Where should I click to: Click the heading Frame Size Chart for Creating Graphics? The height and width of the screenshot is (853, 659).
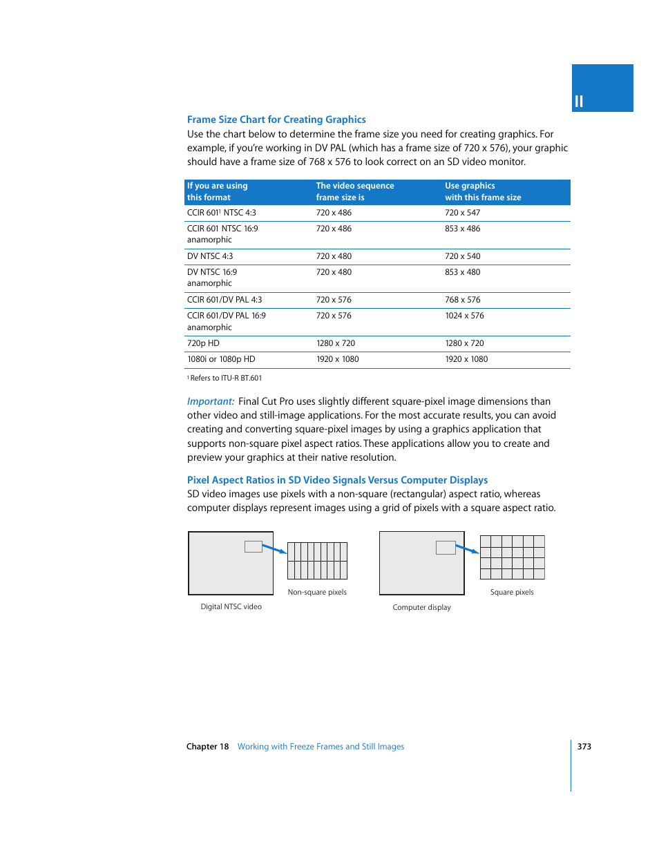tap(276, 119)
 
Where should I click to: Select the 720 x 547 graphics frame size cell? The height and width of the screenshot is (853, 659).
tap(462, 213)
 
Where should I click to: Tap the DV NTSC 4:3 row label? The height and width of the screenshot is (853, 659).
tap(210, 256)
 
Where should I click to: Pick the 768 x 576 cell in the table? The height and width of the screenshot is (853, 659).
tap(462, 300)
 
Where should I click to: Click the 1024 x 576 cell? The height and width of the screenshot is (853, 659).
tap(464, 316)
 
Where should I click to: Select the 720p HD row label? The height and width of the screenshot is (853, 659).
tap(203, 343)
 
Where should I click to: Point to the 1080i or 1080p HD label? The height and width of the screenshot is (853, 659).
tap(221, 359)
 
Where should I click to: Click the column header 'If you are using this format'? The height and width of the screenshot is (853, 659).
tap(217, 191)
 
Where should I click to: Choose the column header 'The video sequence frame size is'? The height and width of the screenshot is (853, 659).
tap(354, 191)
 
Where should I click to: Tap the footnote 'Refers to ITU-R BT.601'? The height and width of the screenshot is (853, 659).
tap(225, 378)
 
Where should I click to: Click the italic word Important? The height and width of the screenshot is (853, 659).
tap(211, 401)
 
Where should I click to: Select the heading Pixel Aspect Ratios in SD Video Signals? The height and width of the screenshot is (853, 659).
tap(337, 480)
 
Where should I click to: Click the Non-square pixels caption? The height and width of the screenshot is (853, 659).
tap(317, 592)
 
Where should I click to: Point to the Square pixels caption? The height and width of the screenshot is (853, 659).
tap(512, 592)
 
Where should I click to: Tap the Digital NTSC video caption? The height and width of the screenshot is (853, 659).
tap(231, 606)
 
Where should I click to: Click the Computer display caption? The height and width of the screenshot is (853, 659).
tap(421, 607)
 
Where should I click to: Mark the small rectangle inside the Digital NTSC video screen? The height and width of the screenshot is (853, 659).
tap(254, 546)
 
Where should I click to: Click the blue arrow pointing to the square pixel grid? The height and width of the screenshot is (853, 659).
tap(467, 550)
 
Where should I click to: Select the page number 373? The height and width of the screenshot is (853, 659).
tap(584, 747)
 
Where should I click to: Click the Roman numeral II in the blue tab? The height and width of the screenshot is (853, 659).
tap(579, 102)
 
